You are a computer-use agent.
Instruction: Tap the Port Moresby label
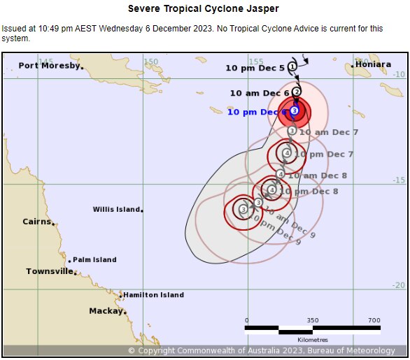48,66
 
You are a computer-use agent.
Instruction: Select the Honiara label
374,64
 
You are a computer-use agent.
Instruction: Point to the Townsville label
49,271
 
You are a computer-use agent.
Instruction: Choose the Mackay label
105,311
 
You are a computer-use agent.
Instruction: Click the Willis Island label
116,209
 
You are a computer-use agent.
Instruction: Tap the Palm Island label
94,259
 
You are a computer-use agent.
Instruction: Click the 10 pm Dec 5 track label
255,68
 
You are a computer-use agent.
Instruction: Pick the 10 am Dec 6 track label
260,93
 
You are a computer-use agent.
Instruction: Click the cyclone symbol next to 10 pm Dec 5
292,66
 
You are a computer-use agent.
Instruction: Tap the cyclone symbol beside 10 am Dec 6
297,92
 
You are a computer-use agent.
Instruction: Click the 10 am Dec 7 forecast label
328,131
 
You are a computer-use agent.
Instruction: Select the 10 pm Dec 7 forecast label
323,154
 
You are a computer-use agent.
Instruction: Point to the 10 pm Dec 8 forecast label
309,191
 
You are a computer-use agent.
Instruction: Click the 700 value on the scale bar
374,320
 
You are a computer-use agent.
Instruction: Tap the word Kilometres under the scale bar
313,340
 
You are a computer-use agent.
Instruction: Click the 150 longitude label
151,62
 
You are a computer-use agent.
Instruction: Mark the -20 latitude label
397,285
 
